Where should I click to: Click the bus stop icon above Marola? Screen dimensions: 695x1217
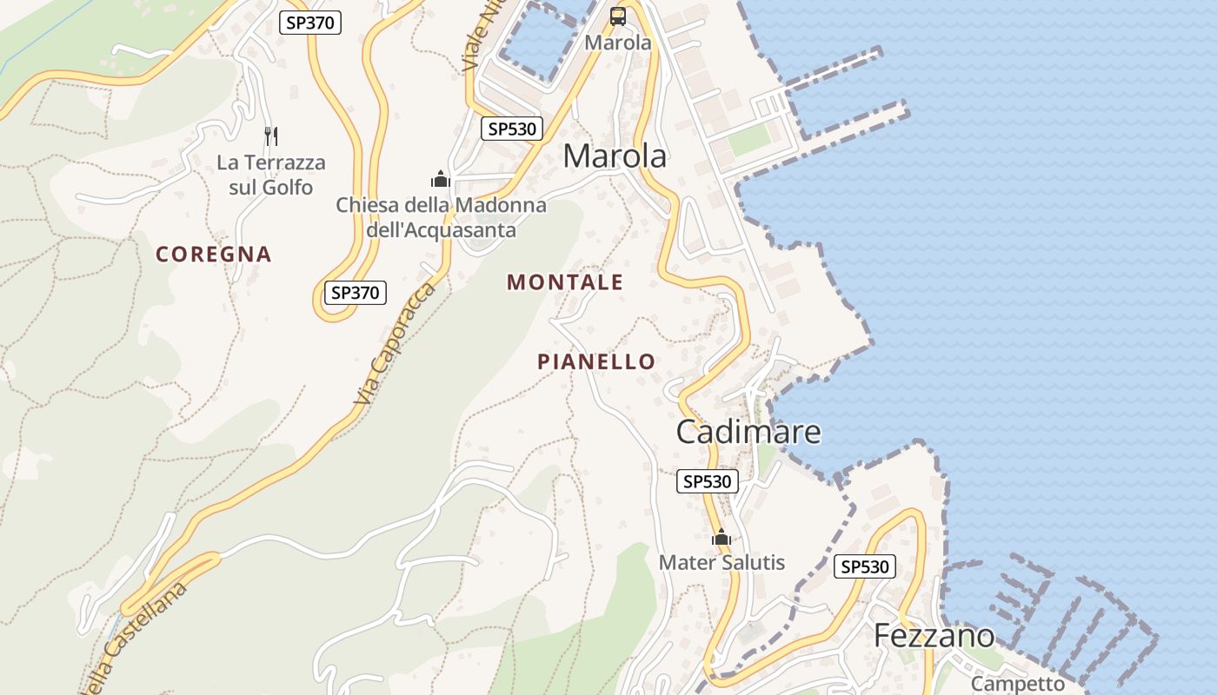[x=618, y=16]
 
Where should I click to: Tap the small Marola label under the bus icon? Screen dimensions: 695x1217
[x=618, y=42]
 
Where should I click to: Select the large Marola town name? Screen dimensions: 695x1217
[x=615, y=156]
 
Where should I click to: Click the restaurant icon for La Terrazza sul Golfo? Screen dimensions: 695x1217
[x=271, y=136]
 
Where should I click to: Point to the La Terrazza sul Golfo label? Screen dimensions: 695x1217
[x=271, y=175]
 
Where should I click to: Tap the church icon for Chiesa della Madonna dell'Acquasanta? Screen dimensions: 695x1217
[x=441, y=179]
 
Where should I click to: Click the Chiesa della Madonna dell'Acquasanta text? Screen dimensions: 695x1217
[x=441, y=217]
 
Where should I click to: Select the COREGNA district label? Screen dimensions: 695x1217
[x=214, y=255]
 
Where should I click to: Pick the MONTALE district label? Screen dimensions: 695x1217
[x=565, y=282]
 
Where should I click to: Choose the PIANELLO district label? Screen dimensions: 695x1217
[x=596, y=361]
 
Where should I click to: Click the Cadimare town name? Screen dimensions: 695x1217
[x=748, y=432]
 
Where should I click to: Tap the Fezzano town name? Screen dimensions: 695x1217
[x=934, y=636]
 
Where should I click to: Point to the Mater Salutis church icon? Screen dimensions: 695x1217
[x=721, y=538]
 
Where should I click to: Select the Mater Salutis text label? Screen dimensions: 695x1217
[x=722, y=563]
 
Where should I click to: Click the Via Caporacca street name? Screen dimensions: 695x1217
[x=395, y=343]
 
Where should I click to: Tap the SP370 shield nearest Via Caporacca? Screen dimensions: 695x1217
[x=355, y=293]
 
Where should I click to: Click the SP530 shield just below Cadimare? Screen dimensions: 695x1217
[x=708, y=481]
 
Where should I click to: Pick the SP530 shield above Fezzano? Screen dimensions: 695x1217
[x=865, y=567]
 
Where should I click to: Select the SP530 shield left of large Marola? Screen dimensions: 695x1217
[x=512, y=129]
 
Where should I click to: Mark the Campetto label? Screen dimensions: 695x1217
[x=1017, y=684]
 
